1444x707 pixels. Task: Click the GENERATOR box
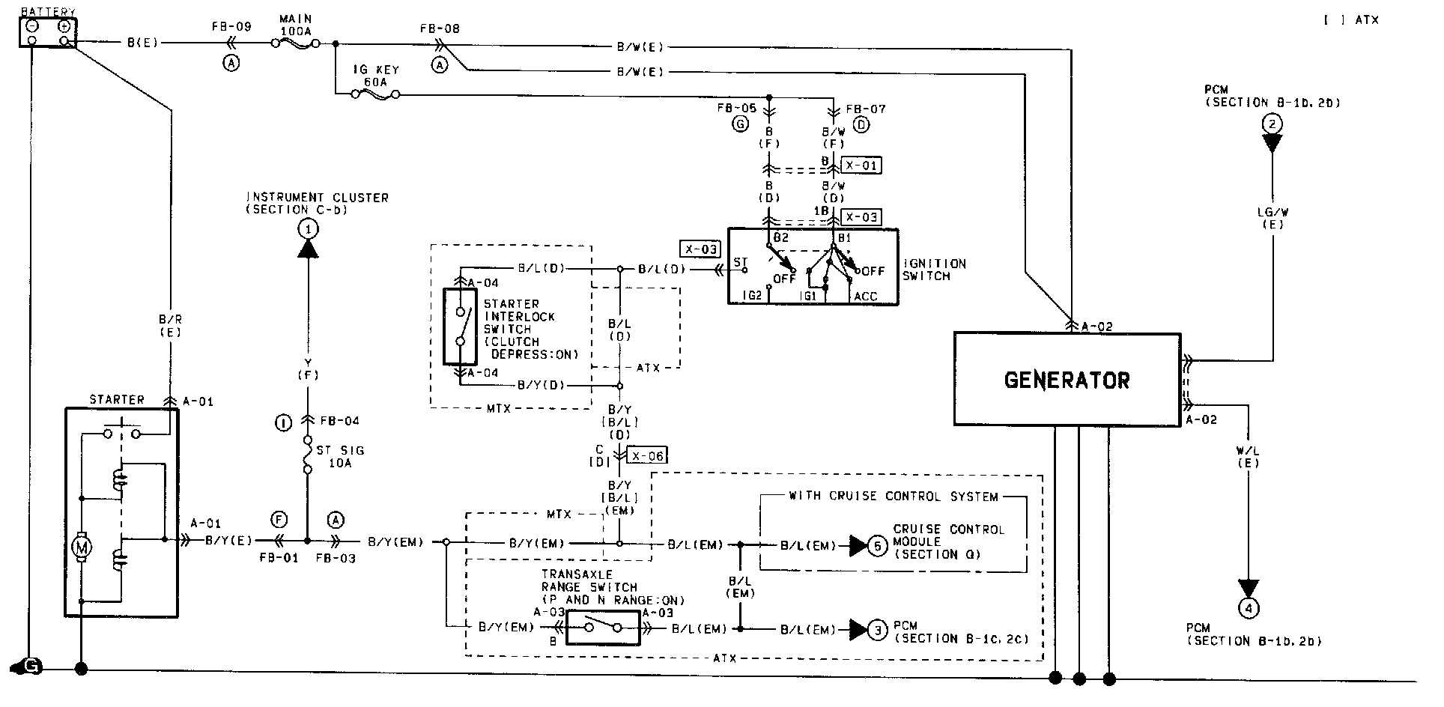pyautogui.click(x=1067, y=380)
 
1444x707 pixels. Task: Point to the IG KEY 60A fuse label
pyautogui.click(x=376, y=76)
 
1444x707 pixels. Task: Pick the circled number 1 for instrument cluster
pyautogui.click(x=307, y=228)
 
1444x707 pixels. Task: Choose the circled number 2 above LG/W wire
pyautogui.click(x=1272, y=124)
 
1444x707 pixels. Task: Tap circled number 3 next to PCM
pyautogui.click(x=878, y=631)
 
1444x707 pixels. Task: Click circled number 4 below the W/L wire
pyautogui.click(x=1248, y=608)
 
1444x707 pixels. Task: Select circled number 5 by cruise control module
pyautogui.click(x=878, y=546)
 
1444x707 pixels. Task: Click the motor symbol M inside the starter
pyautogui.click(x=80, y=548)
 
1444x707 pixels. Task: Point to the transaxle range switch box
pyautogui.click(x=603, y=628)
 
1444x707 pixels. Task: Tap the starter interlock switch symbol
pyautogui.click(x=460, y=327)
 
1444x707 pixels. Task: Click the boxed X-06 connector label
pyautogui.click(x=646, y=455)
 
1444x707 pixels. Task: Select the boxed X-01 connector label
pyautogui.click(x=861, y=166)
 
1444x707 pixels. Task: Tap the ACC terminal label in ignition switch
pyautogui.click(x=865, y=297)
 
